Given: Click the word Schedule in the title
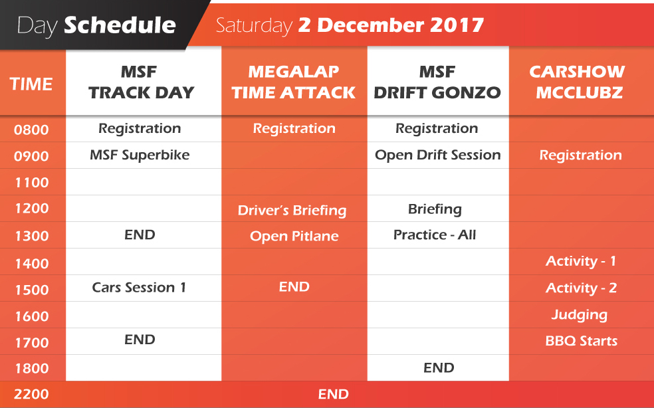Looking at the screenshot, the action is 120,25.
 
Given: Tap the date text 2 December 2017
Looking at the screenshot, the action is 391,25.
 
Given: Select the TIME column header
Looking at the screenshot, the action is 31,84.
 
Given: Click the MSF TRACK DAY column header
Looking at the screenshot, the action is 141,82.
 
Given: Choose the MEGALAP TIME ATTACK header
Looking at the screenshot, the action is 294,82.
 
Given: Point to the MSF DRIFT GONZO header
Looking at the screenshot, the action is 437,82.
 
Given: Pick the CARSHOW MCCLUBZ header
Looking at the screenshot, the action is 578,82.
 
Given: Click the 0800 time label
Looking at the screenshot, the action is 31,130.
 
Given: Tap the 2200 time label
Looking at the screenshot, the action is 31,394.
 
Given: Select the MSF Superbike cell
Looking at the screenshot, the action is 140,155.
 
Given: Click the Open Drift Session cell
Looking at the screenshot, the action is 437,155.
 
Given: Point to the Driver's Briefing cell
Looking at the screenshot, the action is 292,210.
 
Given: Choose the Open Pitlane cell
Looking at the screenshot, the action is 294,236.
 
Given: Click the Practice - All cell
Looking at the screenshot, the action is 435,235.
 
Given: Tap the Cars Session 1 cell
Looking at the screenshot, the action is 139,288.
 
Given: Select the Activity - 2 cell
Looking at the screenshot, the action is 581,288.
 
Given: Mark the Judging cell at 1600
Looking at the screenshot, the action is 580,315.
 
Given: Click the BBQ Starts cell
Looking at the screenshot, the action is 582,341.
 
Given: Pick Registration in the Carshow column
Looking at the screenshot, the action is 581,155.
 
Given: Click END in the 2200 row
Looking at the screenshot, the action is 333,394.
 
